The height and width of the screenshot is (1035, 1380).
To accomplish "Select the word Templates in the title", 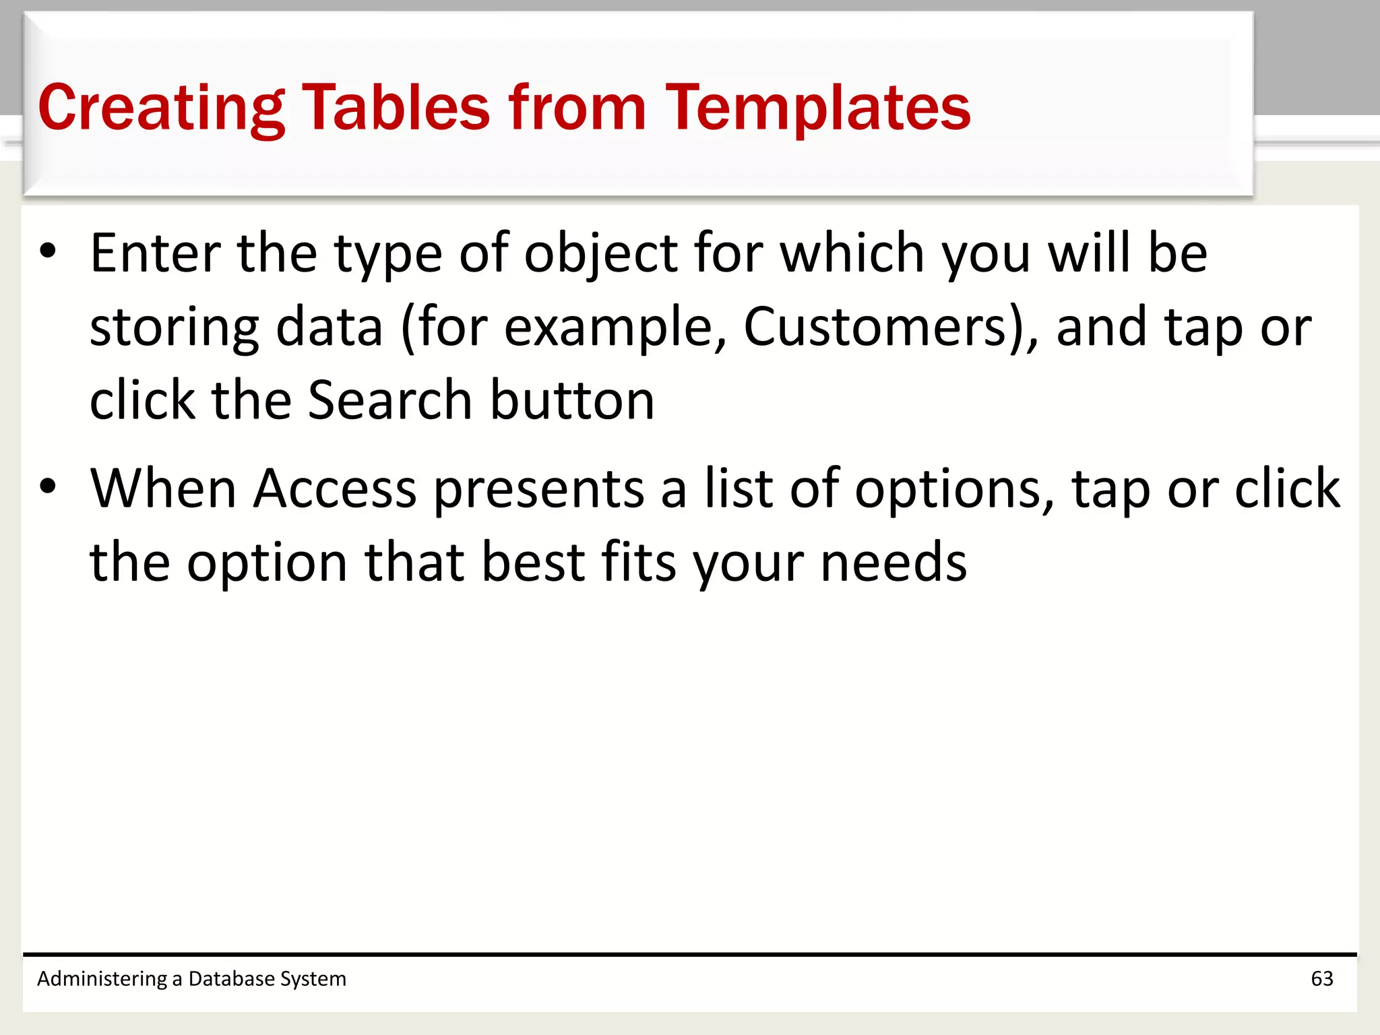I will (x=818, y=108).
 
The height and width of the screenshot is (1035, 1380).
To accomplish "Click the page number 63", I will (x=1321, y=978).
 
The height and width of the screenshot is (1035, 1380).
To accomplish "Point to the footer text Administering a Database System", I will (x=191, y=978).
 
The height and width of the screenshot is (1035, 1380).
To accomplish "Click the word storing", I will (x=175, y=328).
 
